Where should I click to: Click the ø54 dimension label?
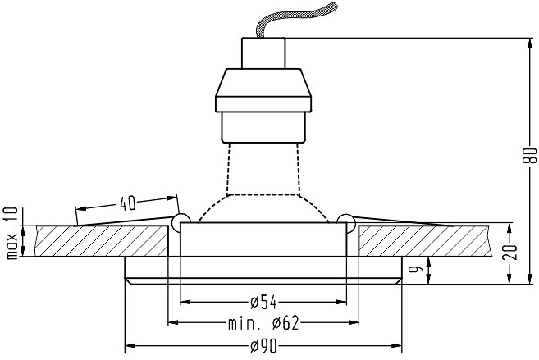263,303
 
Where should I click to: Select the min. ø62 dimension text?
263,323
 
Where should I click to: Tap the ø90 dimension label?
263,346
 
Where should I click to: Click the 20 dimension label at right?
509,252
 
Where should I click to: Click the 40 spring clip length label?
128,203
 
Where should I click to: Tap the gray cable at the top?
295,19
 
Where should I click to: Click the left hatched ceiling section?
102,241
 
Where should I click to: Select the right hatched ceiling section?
423,241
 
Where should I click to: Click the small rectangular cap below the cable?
263,53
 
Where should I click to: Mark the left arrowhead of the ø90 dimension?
130,345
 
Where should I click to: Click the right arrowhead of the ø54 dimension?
341,302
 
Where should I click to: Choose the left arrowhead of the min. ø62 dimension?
173,322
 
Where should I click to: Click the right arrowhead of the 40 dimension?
172,198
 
